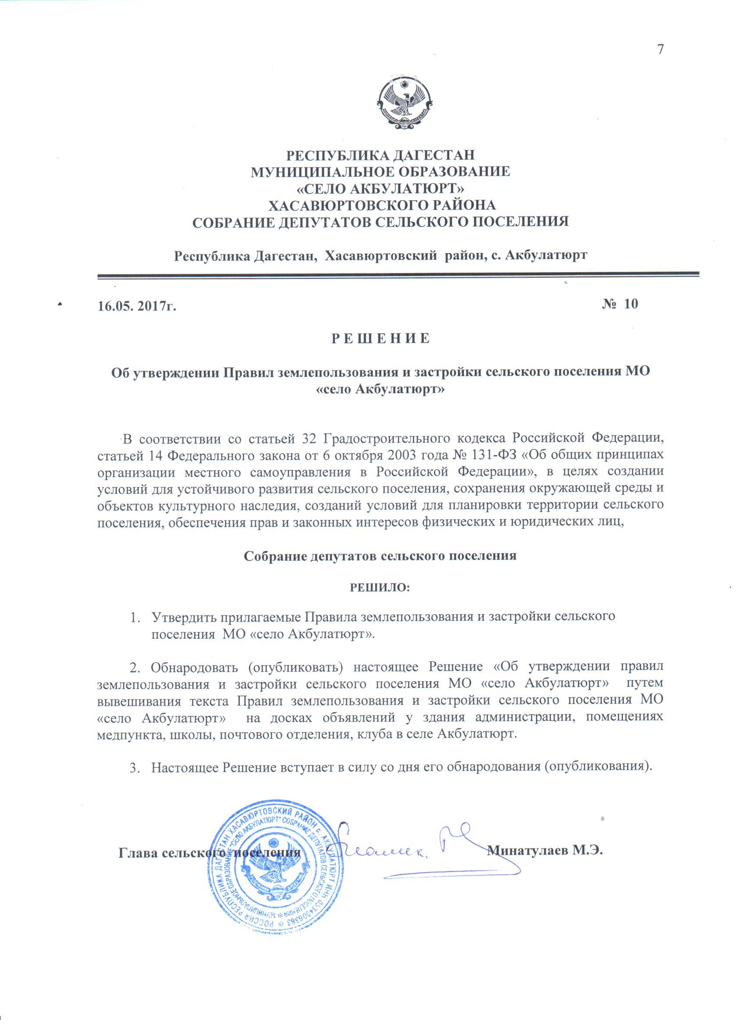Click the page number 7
tap(660, 49)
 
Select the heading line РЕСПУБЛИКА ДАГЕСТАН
tap(381, 155)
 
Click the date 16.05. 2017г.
tap(136, 306)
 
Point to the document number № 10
tap(620, 304)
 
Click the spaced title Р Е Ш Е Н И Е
tap(380, 339)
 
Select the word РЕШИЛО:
tap(380, 588)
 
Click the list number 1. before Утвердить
tap(135, 617)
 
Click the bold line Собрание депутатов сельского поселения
tap(380, 556)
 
